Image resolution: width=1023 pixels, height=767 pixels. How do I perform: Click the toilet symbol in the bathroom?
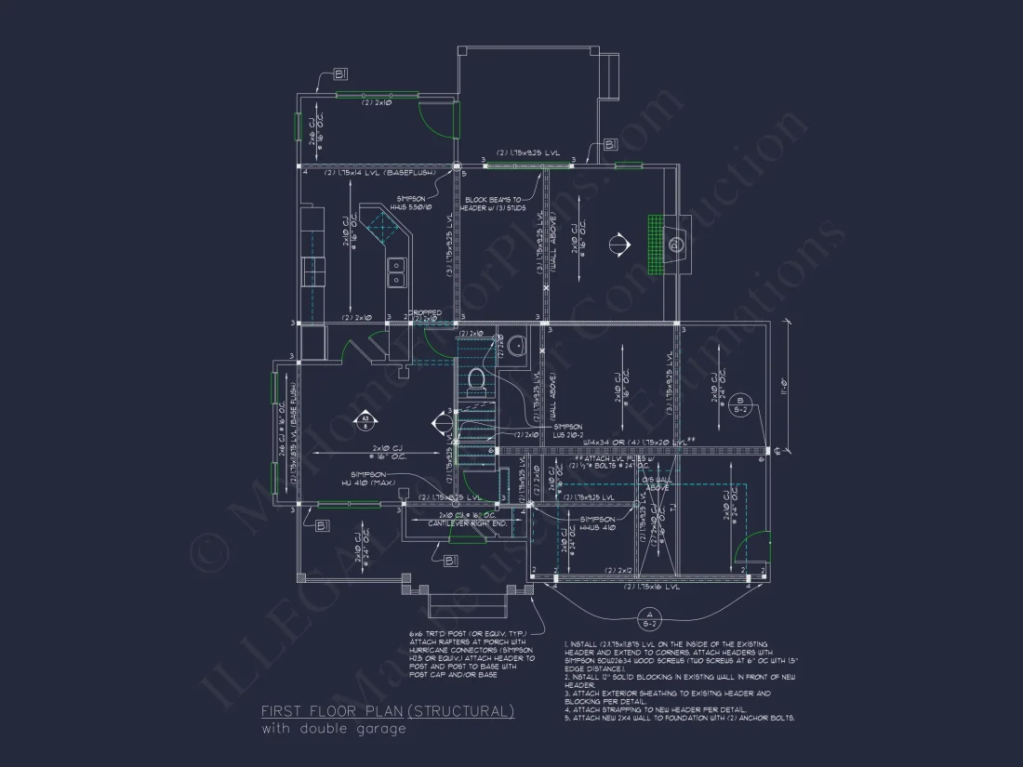click(476, 379)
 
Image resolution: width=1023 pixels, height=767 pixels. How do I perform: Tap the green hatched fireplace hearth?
click(658, 245)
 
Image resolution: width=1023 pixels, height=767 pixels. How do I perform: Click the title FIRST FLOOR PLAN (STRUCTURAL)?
click(387, 711)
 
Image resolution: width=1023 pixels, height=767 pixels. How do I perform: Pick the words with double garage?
click(334, 729)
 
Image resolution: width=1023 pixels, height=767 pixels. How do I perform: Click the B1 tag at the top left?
click(339, 73)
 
